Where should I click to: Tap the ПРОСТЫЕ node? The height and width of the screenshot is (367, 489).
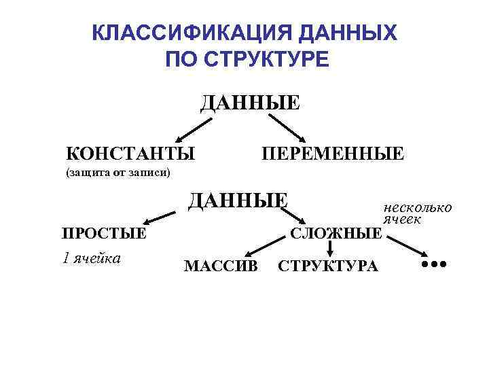pyautogui.click(x=105, y=234)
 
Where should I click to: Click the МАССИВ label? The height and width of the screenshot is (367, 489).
pyautogui.click(x=221, y=266)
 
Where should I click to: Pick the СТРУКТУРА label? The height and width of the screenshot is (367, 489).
pyautogui.click(x=328, y=266)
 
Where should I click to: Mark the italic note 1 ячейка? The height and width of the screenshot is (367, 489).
pyautogui.click(x=92, y=258)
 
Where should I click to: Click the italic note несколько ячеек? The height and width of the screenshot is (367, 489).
pyautogui.click(x=416, y=213)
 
